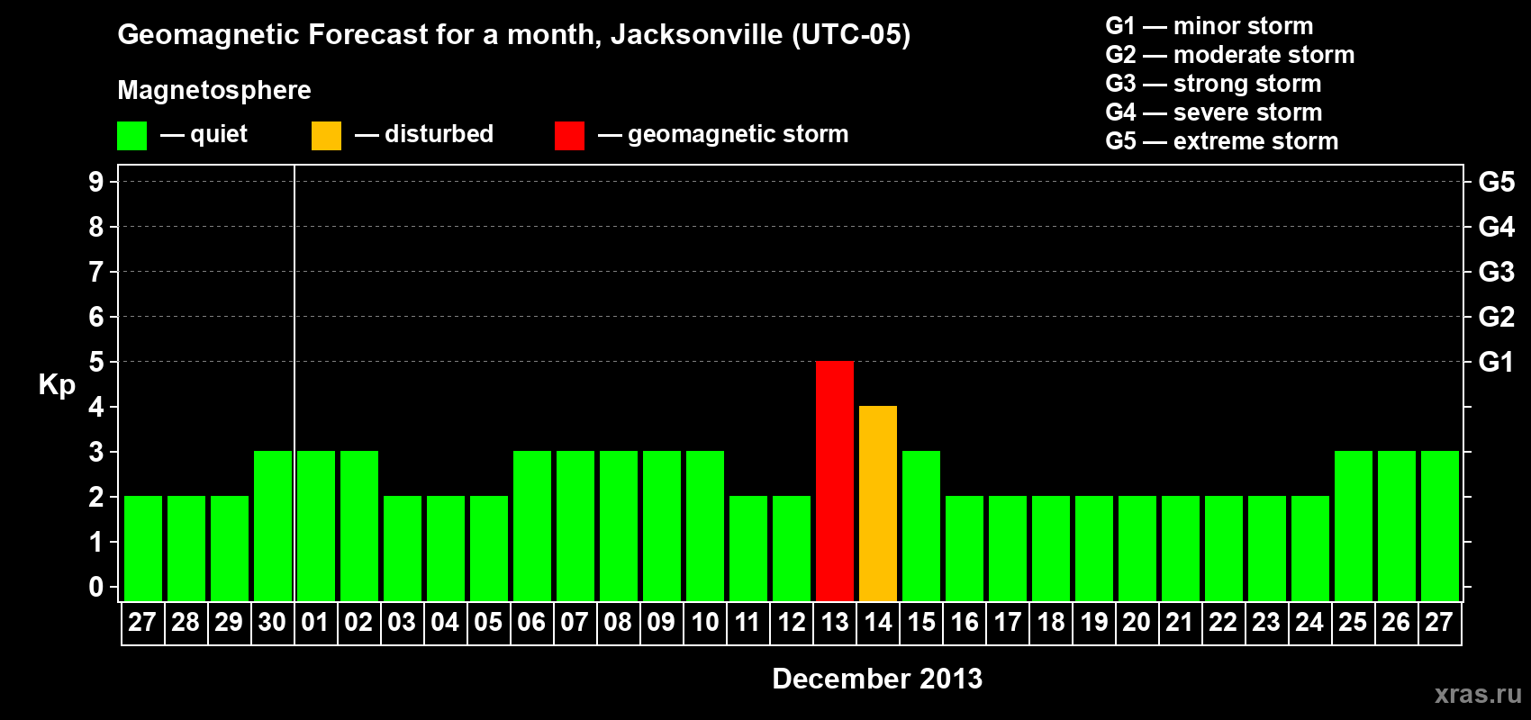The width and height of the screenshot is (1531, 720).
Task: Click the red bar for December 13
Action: (835, 481)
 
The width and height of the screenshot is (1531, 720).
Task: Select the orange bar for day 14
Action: (878, 503)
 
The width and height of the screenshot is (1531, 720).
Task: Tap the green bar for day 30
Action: (272, 526)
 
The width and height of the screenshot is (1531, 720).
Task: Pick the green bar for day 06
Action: (531, 526)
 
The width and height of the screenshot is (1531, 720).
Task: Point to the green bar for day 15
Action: (921, 526)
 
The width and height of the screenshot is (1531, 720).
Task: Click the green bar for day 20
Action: (1137, 548)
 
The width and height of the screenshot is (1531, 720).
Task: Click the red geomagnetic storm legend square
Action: (569, 136)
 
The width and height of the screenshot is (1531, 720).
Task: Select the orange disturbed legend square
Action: (326, 136)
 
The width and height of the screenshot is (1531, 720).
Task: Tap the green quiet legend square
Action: (131, 136)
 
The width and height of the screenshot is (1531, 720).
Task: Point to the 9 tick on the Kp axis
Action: (96, 182)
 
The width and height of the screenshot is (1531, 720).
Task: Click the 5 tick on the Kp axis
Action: (96, 362)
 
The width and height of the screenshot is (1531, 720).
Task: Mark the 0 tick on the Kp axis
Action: (96, 588)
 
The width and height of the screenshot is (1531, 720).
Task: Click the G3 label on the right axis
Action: (1496, 272)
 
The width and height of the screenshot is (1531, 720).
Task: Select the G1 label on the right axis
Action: (1496, 362)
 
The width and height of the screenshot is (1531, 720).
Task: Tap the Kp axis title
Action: (57, 385)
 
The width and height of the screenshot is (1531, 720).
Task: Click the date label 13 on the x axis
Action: (835, 623)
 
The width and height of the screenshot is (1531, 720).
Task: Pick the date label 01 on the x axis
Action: (315, 623)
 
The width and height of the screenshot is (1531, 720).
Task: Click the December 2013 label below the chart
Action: (877, 679)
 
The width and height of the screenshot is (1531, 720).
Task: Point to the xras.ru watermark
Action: (1478, 694)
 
